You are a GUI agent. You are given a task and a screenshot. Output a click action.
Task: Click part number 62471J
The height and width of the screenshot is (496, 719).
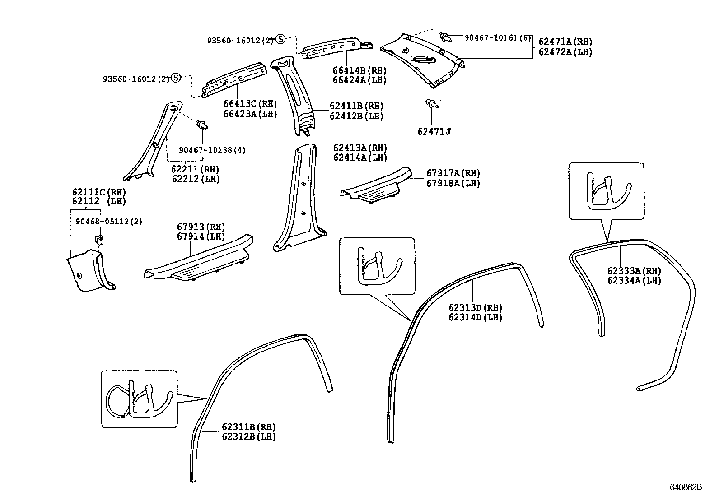[434, 132]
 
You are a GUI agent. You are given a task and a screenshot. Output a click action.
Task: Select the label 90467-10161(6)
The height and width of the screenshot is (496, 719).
[498, 38]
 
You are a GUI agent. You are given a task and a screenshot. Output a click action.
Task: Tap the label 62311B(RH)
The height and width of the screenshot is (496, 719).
[248, 427]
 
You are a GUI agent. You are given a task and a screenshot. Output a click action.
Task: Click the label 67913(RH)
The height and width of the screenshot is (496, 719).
[201, 227]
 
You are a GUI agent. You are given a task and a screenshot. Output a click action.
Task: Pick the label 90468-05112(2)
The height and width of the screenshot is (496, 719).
[109, 222]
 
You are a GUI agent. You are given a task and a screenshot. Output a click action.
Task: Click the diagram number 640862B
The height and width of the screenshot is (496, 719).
[686, 487]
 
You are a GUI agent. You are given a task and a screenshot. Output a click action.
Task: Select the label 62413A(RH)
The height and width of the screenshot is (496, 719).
[360, 148]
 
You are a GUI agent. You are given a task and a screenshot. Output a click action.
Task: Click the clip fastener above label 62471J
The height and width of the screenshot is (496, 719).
[431, 104]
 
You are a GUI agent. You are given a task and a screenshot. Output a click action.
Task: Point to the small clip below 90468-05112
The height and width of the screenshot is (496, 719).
[99, 239]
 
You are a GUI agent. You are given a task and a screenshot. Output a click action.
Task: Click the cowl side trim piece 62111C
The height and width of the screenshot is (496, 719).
[89, 272]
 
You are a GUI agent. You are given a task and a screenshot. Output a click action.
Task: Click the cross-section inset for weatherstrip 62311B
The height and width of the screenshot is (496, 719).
[139, 399]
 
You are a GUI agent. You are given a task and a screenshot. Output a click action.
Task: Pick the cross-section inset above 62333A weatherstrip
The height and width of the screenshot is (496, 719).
[606, 191]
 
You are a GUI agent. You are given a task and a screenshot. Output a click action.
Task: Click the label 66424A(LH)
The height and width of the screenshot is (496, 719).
[359, 80]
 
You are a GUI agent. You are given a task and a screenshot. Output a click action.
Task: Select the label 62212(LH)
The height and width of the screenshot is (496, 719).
[195, 179]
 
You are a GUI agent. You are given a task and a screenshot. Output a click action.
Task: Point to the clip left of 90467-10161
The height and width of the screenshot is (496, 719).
[445, 37]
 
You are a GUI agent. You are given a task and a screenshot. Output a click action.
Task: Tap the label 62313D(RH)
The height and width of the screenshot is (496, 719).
[475, 308]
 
